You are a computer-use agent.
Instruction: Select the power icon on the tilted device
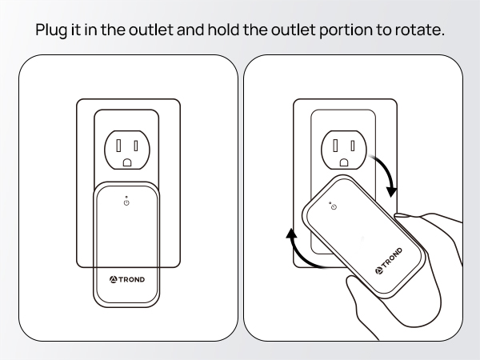[x=333, y=208]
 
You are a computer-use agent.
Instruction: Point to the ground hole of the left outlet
[x=127, y=162]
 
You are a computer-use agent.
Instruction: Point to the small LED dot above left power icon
[x=127, y=195]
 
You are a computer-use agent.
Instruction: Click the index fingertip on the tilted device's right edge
[x=404, y=214]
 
